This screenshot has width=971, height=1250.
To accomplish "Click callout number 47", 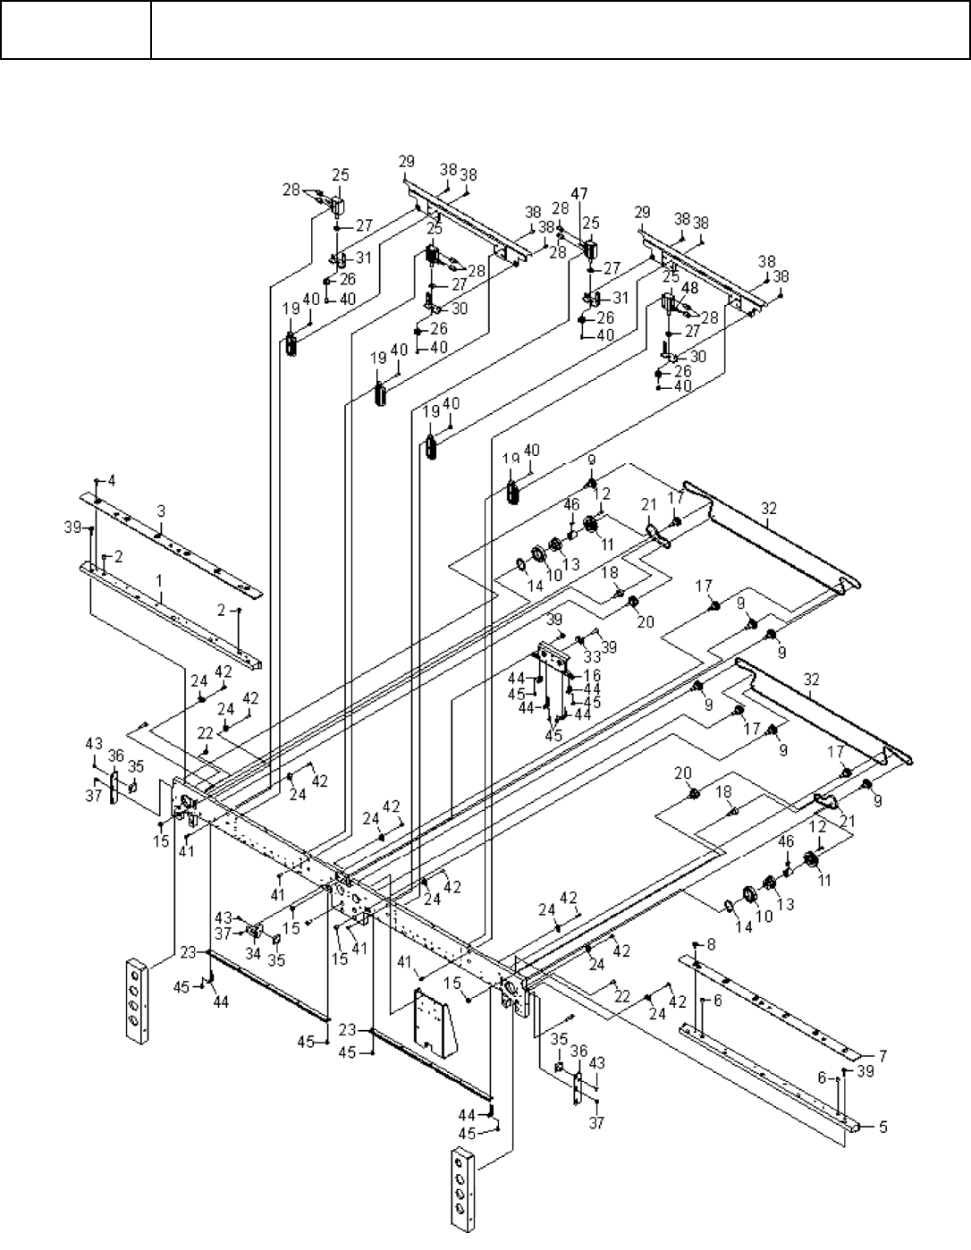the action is click(x=579, y=193).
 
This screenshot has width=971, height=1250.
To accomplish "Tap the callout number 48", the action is click(x=690, y=287).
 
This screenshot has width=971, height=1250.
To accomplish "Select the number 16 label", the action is click(x=592, y=674).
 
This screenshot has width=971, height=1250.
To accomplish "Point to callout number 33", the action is click(x=592, y=656).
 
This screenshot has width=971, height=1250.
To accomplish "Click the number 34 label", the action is click(x=254, y=953).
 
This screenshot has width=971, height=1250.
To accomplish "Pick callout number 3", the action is click(x=162, y=511).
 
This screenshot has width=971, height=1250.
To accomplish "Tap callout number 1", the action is click(x=160, y=580).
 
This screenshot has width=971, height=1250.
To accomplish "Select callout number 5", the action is click(x=883, y=1127).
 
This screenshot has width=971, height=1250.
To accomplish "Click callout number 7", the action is click(x=883, y=1056).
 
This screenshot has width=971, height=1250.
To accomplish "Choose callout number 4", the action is click(x=112, y=480).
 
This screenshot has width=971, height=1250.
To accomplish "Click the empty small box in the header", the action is click(x=76, y=30).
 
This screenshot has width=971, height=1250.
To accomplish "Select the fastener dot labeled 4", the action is click(x=96, y=480).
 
